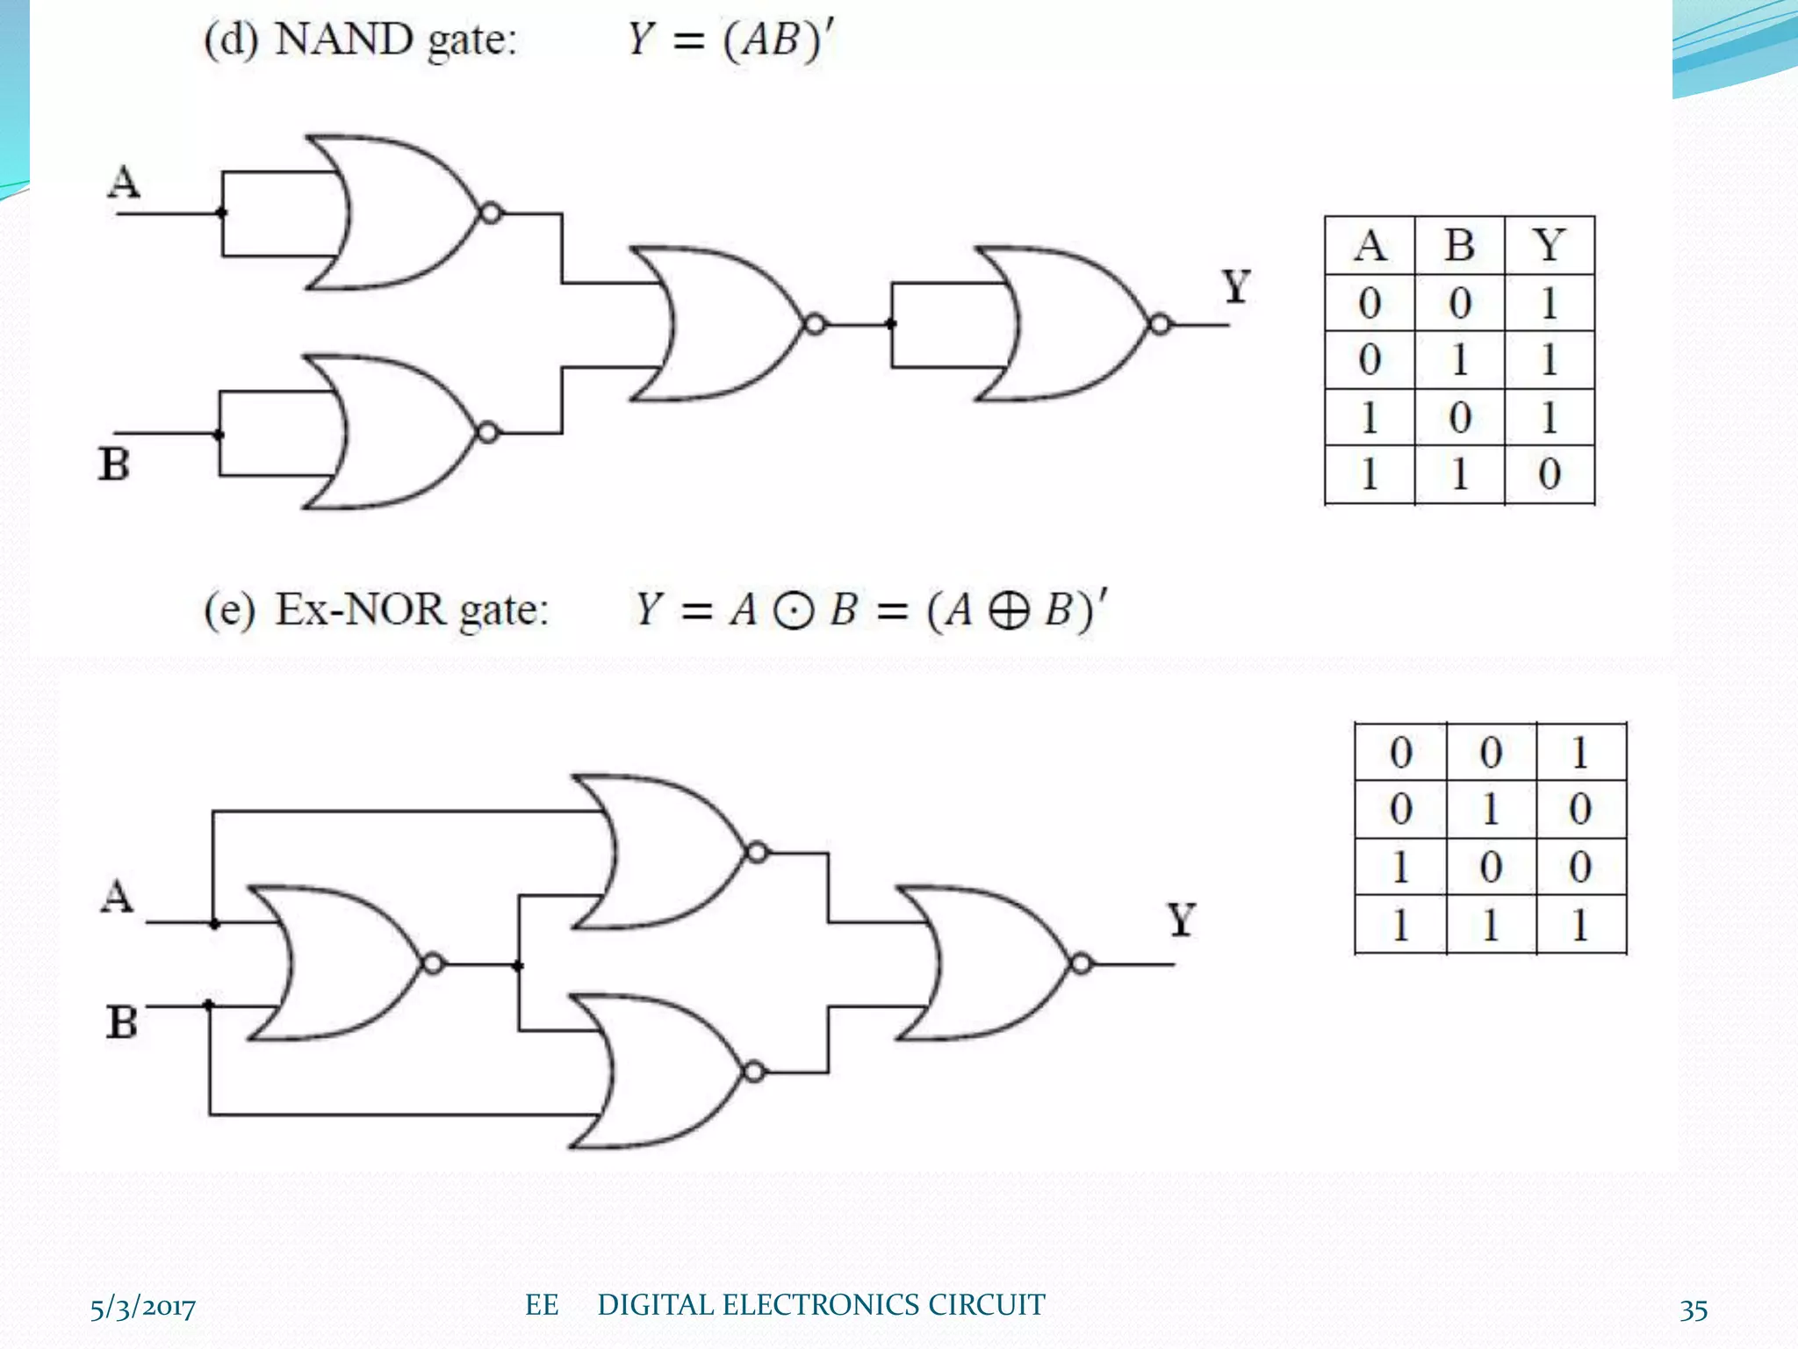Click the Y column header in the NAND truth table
[1550, 245]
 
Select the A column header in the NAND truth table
[1370, 245]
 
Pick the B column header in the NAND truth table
[1459, 245]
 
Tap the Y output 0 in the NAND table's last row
[1550, 474]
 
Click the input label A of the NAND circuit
[124, 183]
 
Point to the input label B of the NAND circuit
[114, 464]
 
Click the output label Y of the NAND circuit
[1236, 286]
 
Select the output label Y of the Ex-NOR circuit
[1182, 920]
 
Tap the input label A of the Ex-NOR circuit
[118, 897]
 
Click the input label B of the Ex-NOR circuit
[122, 1022]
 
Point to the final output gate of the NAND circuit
[1071, 324]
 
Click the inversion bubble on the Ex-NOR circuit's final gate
[1082, 963]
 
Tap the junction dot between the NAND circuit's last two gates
[891, 324]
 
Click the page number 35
[1694, 1309]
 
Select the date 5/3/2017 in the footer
[143, 1308]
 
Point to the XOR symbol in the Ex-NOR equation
[1008, 611]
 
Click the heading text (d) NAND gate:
[361, 40]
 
